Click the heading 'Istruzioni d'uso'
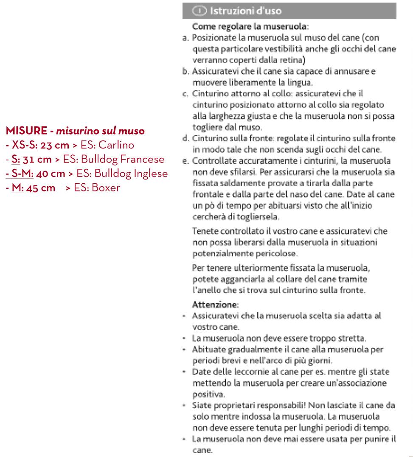click(x=242, y=11)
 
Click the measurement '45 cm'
click(x=41, y=188)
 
